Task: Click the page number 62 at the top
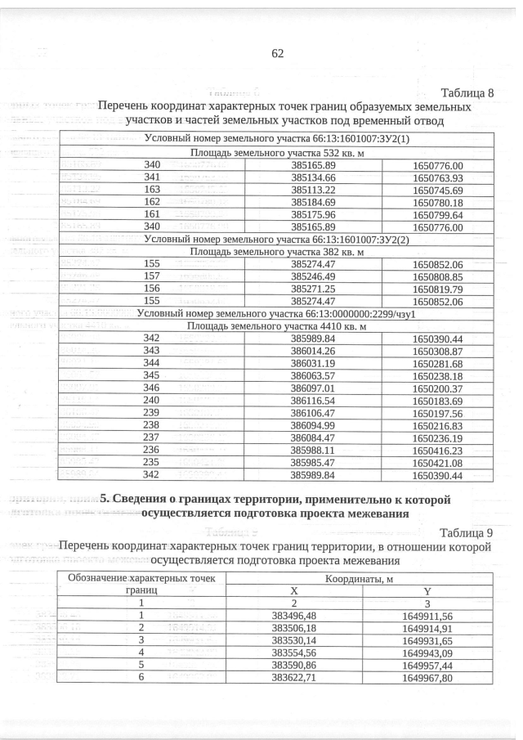pos(276,53)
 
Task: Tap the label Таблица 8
pos(467,92)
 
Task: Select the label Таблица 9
pos(467,533)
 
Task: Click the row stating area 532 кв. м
pos(278,152)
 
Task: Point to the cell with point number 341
pos(151,177)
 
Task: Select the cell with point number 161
pos(151,215)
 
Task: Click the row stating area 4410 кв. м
pos(278,326)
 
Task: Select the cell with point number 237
pos(151,437)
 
